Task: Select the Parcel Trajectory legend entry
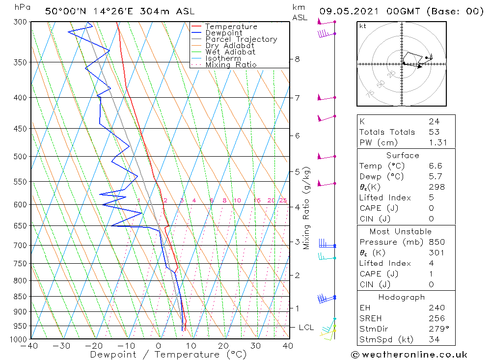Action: point(241,39)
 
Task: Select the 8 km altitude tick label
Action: point(297,59)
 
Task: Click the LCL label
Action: point(306,328)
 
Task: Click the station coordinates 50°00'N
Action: point(66,11)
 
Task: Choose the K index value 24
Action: point(434,121)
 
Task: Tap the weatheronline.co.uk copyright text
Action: point(409,355)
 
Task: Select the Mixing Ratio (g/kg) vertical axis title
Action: point(307,208)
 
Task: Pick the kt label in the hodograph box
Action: point(363,26)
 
